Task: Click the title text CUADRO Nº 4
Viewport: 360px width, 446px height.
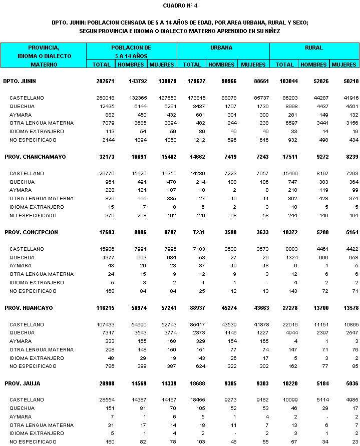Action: (x=180, y=6)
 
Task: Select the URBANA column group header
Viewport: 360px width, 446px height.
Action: (x=223, y=48)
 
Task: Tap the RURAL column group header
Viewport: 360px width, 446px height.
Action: (x=314, y=48)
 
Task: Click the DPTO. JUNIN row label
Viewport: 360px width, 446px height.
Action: (x=20, y=81)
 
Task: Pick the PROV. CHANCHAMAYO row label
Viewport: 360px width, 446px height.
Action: (x=35, y=157)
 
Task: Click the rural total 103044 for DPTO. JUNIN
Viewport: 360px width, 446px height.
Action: (x=284, y=81)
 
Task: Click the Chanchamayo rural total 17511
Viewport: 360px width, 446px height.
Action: (x=286, y=157)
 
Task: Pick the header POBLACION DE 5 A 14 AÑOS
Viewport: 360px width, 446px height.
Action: (x=131, y=52)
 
